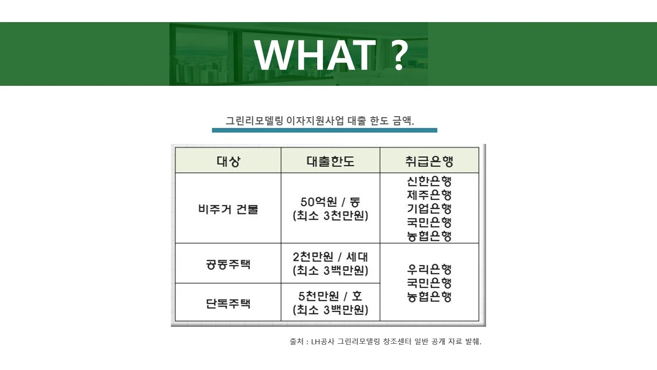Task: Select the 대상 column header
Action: click(x=228, y=162)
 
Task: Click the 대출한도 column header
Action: click(x=331, y=162)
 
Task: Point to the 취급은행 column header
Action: click(x=429, y=162)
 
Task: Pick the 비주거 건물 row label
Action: click(x=228, y=209)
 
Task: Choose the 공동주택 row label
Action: click(x=228, y=264)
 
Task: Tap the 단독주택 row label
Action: click(x=228, y=303)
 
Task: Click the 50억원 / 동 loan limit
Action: click(x=331, y=201)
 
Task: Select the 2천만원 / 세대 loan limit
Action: click(x=331, y=256)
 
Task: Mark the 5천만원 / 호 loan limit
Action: click(x=331, y=296)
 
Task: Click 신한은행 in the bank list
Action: click(x=429, y=181)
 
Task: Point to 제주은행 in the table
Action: click(x=429, y=195)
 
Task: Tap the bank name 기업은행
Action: click(x=429, y=209)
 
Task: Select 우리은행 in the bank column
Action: click(x=429, y=269)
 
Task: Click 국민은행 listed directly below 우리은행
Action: click(x=429, y=283)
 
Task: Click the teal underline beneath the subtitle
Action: click(x=324, y=131)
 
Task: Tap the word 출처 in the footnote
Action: click(x=296, y=341)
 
